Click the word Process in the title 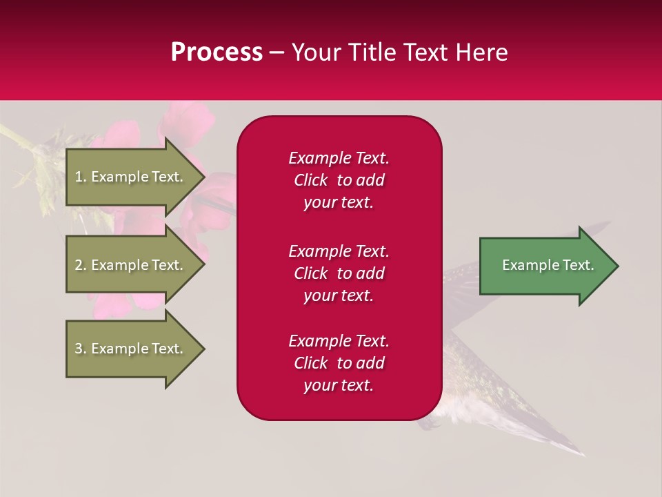point(217,52)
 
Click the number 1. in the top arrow point(81,177)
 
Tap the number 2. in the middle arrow point(81,265)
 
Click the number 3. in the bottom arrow point(81,349)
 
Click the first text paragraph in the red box point(339,180)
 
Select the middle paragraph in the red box point(339,273)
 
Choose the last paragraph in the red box point(339,363)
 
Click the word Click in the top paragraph point(311,180)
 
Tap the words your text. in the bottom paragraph point(339,385)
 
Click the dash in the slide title point(277,53)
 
